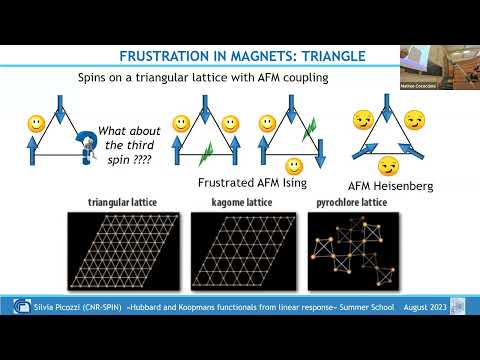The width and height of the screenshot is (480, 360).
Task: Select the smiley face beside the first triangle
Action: click(34, 125)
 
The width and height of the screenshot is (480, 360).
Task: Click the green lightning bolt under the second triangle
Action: click(207, 154)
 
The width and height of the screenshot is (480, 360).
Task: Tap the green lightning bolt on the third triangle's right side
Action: click(309, 127)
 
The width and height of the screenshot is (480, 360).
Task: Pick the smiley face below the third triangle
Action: click(294, 165)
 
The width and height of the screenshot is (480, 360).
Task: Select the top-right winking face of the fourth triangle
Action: click(415, 120)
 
